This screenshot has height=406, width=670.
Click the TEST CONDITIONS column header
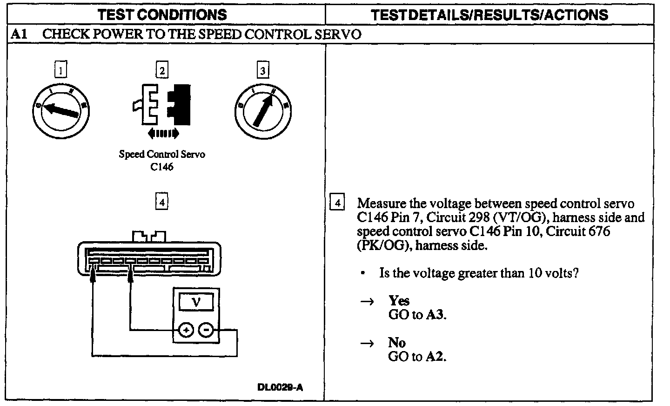162,14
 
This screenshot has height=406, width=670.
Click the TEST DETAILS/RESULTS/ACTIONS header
489,14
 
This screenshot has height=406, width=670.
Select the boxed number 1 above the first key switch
60,70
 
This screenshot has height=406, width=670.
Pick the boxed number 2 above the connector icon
161,71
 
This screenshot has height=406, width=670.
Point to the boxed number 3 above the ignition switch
263,71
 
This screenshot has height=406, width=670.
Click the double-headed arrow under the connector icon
163,134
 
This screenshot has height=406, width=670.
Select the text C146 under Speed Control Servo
161,167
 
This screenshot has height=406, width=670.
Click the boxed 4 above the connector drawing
161,203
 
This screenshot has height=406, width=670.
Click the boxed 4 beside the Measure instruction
337,203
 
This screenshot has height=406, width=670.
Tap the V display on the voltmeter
196,303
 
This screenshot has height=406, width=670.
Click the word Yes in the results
399,301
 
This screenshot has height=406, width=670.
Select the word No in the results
397,343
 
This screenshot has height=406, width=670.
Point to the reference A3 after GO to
435,315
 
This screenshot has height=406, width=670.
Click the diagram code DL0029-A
280,387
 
